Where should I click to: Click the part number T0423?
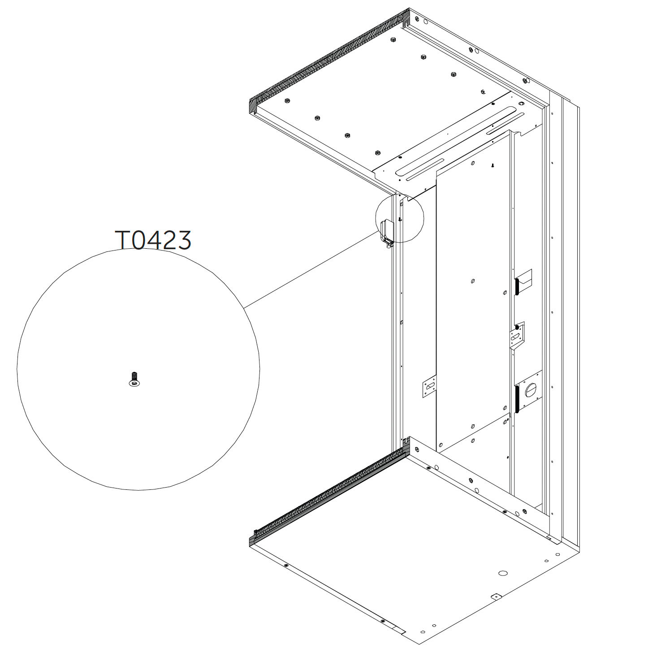coord(153,240)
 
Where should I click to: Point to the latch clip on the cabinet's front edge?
coord(386,233)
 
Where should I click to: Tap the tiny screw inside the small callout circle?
coord(400,219)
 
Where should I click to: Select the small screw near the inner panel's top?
coord(492,165)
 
